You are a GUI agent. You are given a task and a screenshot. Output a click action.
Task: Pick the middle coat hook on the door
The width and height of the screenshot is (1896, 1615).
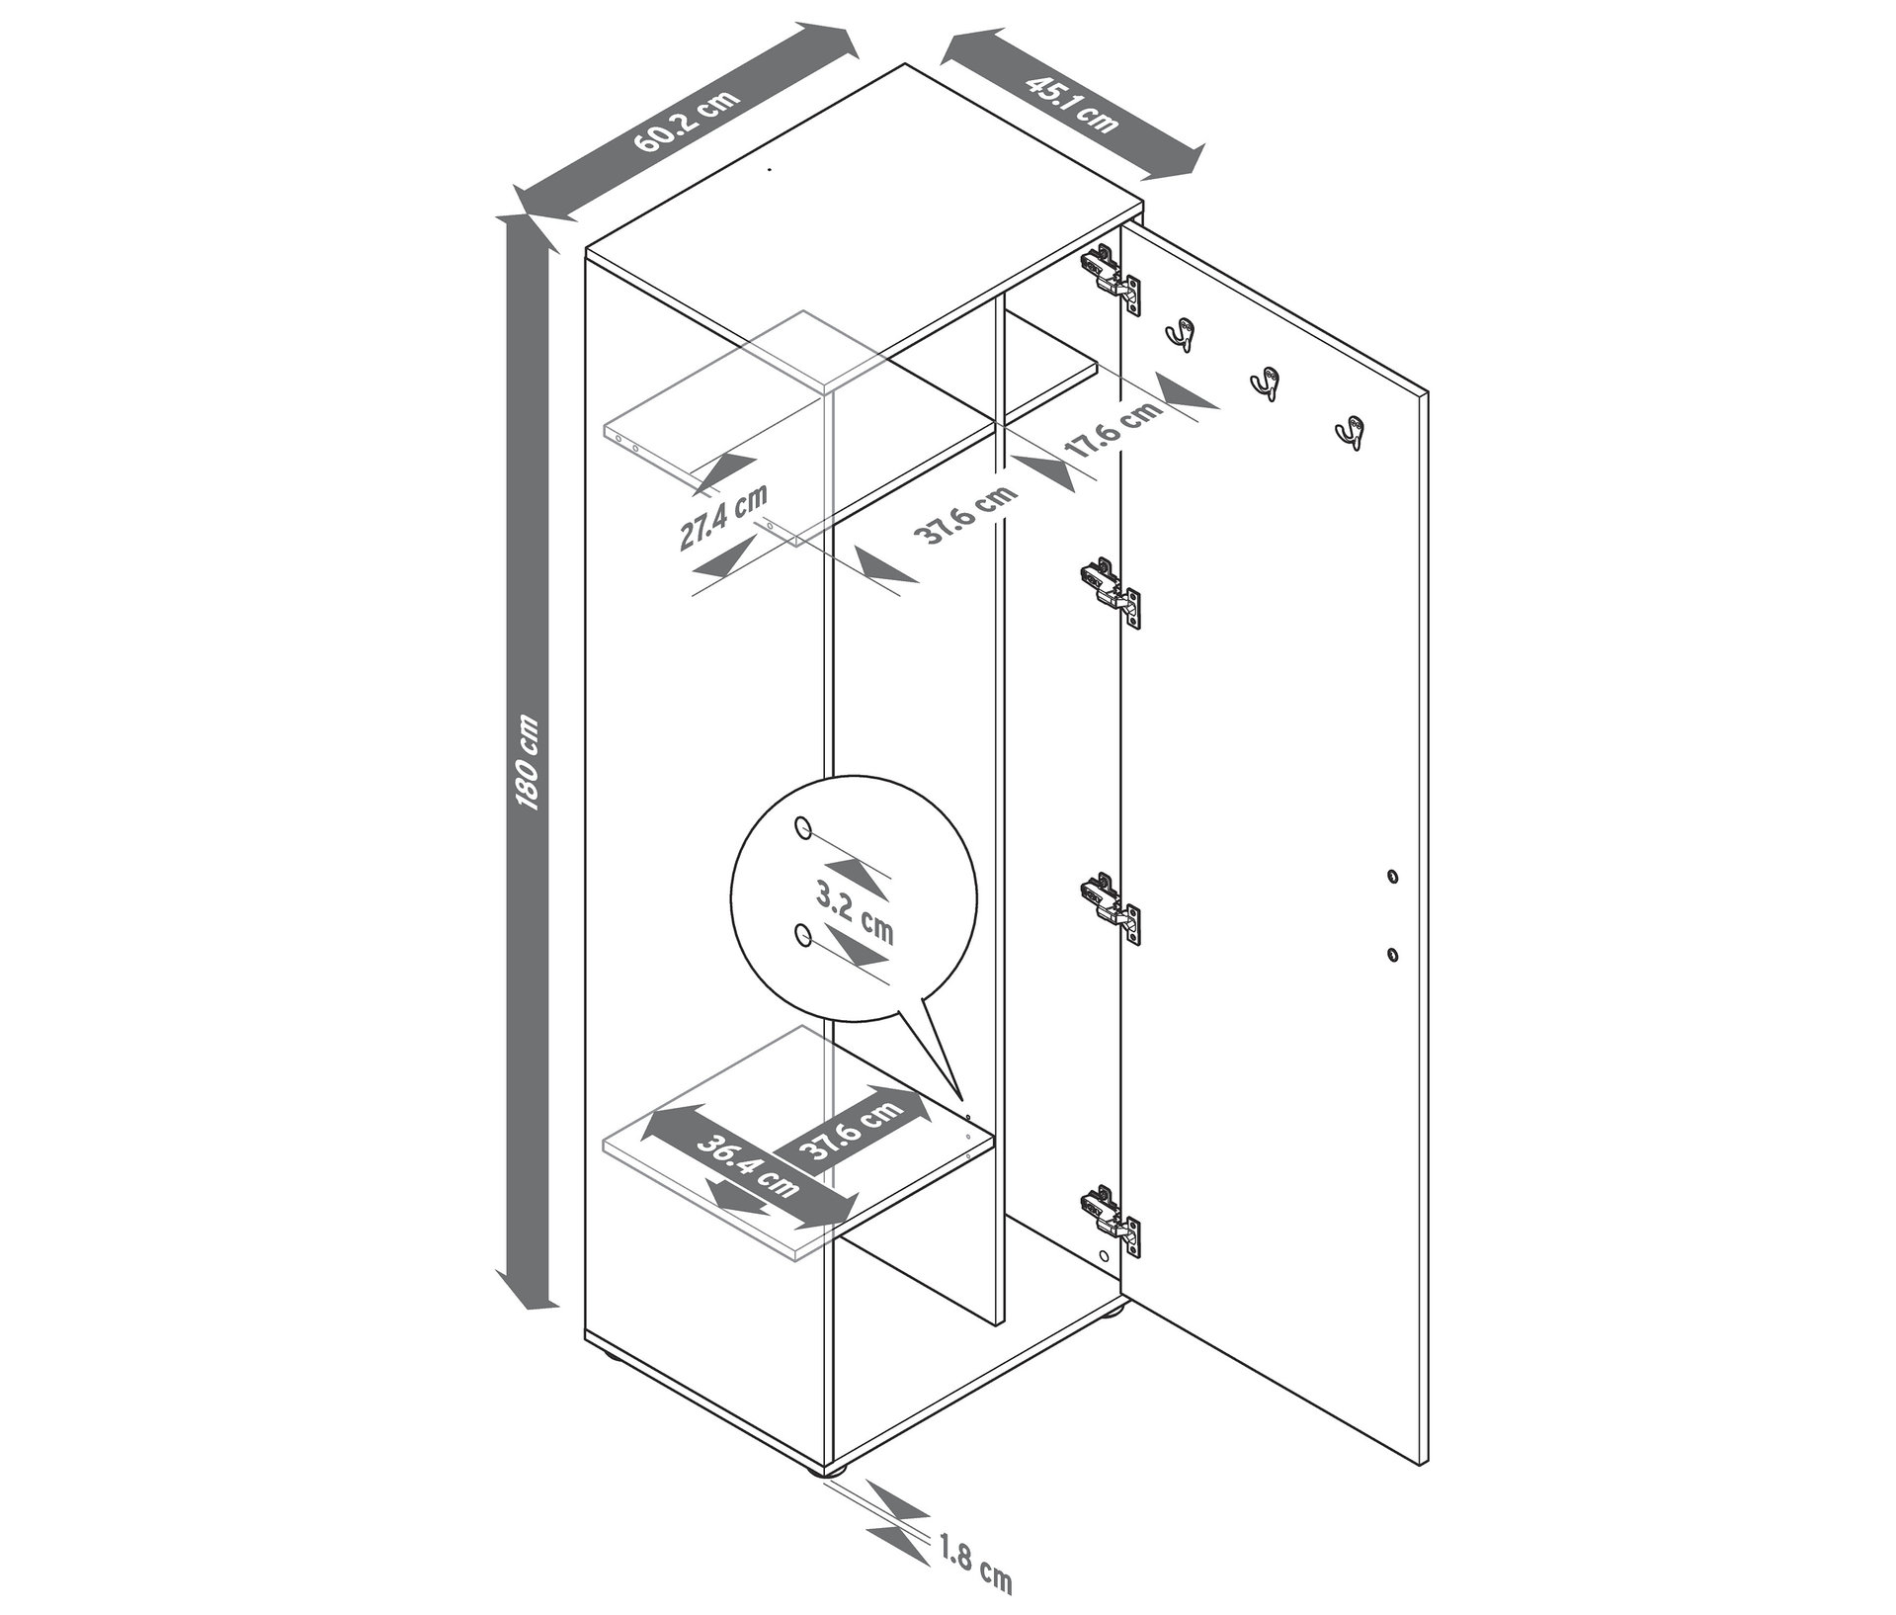coord(1265,384)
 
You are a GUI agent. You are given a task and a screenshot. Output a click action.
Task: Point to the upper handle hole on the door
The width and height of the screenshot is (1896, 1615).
coord(1392,876)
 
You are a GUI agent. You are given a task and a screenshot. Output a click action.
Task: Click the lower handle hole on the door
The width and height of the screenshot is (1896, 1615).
coord(1392,954)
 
